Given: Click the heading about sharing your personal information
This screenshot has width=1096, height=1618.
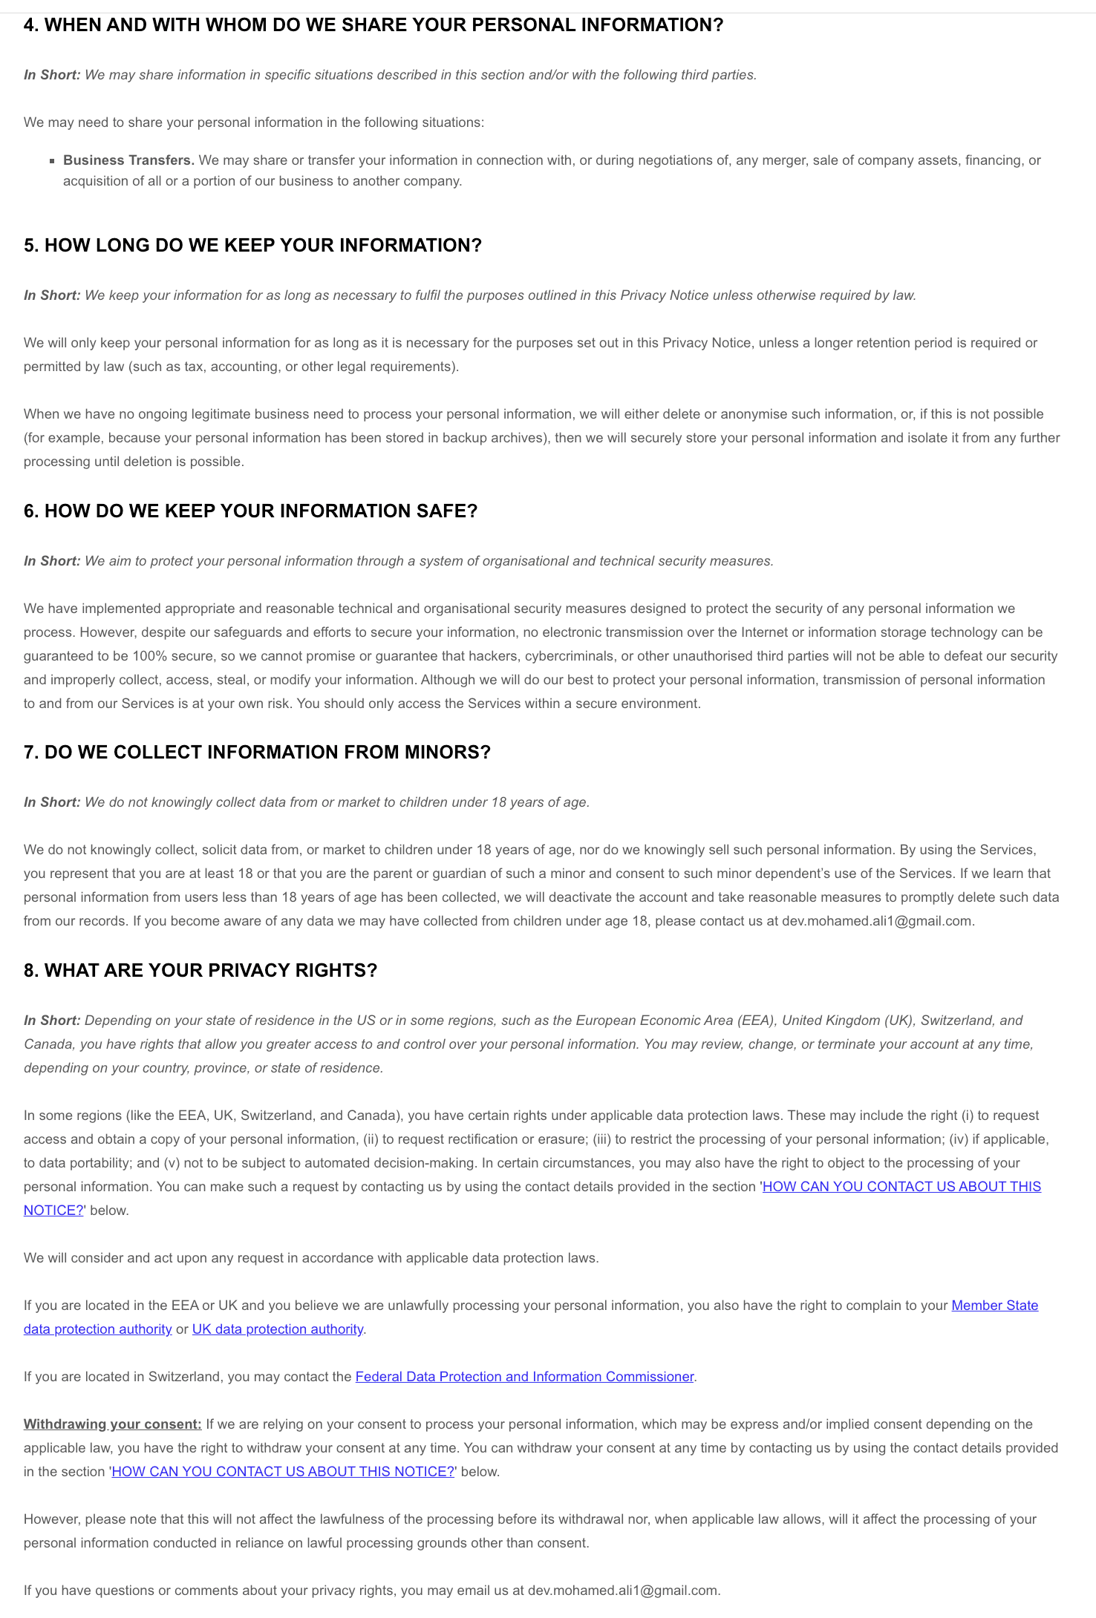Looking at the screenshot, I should pyautogui.click(x=373, y=25).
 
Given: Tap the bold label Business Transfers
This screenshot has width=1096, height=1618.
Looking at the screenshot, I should pyautogui.click(x=128, y=160).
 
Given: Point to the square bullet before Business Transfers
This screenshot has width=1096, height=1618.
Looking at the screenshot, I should pyautogui.click(x=52, y=161).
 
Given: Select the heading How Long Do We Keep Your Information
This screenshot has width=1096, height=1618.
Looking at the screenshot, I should pyautogui.click(x=252, y=246).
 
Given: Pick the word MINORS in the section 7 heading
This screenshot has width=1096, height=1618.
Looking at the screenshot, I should pyautogui.click(x=447, y=753).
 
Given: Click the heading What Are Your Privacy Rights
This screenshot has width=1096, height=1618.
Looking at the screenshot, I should pyautogui.click(x=200, y=971).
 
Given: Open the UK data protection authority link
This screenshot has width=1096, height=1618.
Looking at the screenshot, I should pyautogui.click(x=278, y=1329).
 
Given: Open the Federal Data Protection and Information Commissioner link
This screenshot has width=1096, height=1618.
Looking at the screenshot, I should pyautogui.click(x=524, y=1377).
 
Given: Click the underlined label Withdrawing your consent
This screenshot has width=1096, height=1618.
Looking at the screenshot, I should pyautogui.click(x=112, y=1424).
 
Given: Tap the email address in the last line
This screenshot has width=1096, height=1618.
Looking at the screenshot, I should pyautogui.click(x=622, y=1591).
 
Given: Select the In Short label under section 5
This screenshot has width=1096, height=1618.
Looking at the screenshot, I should pyautogui.click(x=51, y=295).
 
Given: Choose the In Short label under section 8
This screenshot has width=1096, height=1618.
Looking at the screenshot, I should pyautogui.click(x=51, y=1021).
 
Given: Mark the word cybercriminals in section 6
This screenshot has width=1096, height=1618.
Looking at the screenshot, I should pyautogui.click(x=569, y=656).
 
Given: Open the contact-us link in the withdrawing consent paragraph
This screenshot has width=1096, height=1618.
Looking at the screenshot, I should pyautogui.click(x=283, y=1472).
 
